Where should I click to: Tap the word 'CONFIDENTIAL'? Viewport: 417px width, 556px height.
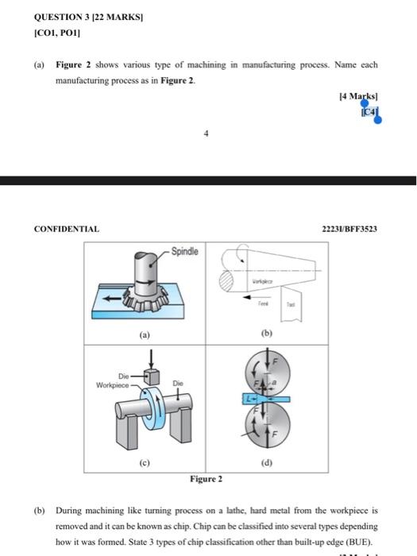[66, 229]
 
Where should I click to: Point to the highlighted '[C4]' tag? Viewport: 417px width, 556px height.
[369, 113]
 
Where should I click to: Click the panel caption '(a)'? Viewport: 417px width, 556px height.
[144, 336]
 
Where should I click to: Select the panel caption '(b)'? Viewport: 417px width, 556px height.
[266, 336]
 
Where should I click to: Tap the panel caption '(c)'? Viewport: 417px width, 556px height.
[144, 461]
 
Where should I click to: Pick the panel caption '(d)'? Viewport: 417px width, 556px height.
[266, 461]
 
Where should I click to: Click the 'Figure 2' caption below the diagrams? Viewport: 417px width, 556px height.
[206, 478]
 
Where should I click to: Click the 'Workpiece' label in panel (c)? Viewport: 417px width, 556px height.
[110, 384]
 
